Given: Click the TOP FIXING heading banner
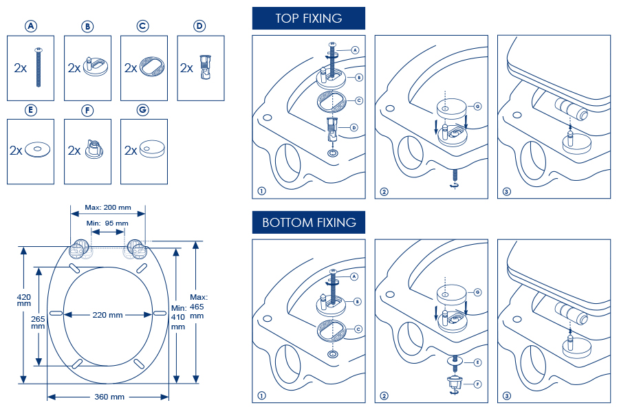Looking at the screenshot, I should point(308,19).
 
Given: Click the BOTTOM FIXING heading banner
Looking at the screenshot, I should point(308,222).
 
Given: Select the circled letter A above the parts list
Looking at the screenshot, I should point(30,26).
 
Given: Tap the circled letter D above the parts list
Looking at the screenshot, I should point(199,26).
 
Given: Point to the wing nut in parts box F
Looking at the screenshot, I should point(94,150).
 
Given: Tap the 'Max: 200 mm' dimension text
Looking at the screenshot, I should point(107,208).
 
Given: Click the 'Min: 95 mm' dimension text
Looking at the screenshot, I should point(107,223).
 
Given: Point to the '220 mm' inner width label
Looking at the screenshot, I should point(107,315).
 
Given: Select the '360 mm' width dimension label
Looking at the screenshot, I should point(108,397).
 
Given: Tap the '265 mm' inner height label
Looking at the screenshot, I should point(38,322).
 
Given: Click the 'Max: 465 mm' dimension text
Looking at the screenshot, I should point(197,306).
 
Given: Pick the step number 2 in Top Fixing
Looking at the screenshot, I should point(384,191).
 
